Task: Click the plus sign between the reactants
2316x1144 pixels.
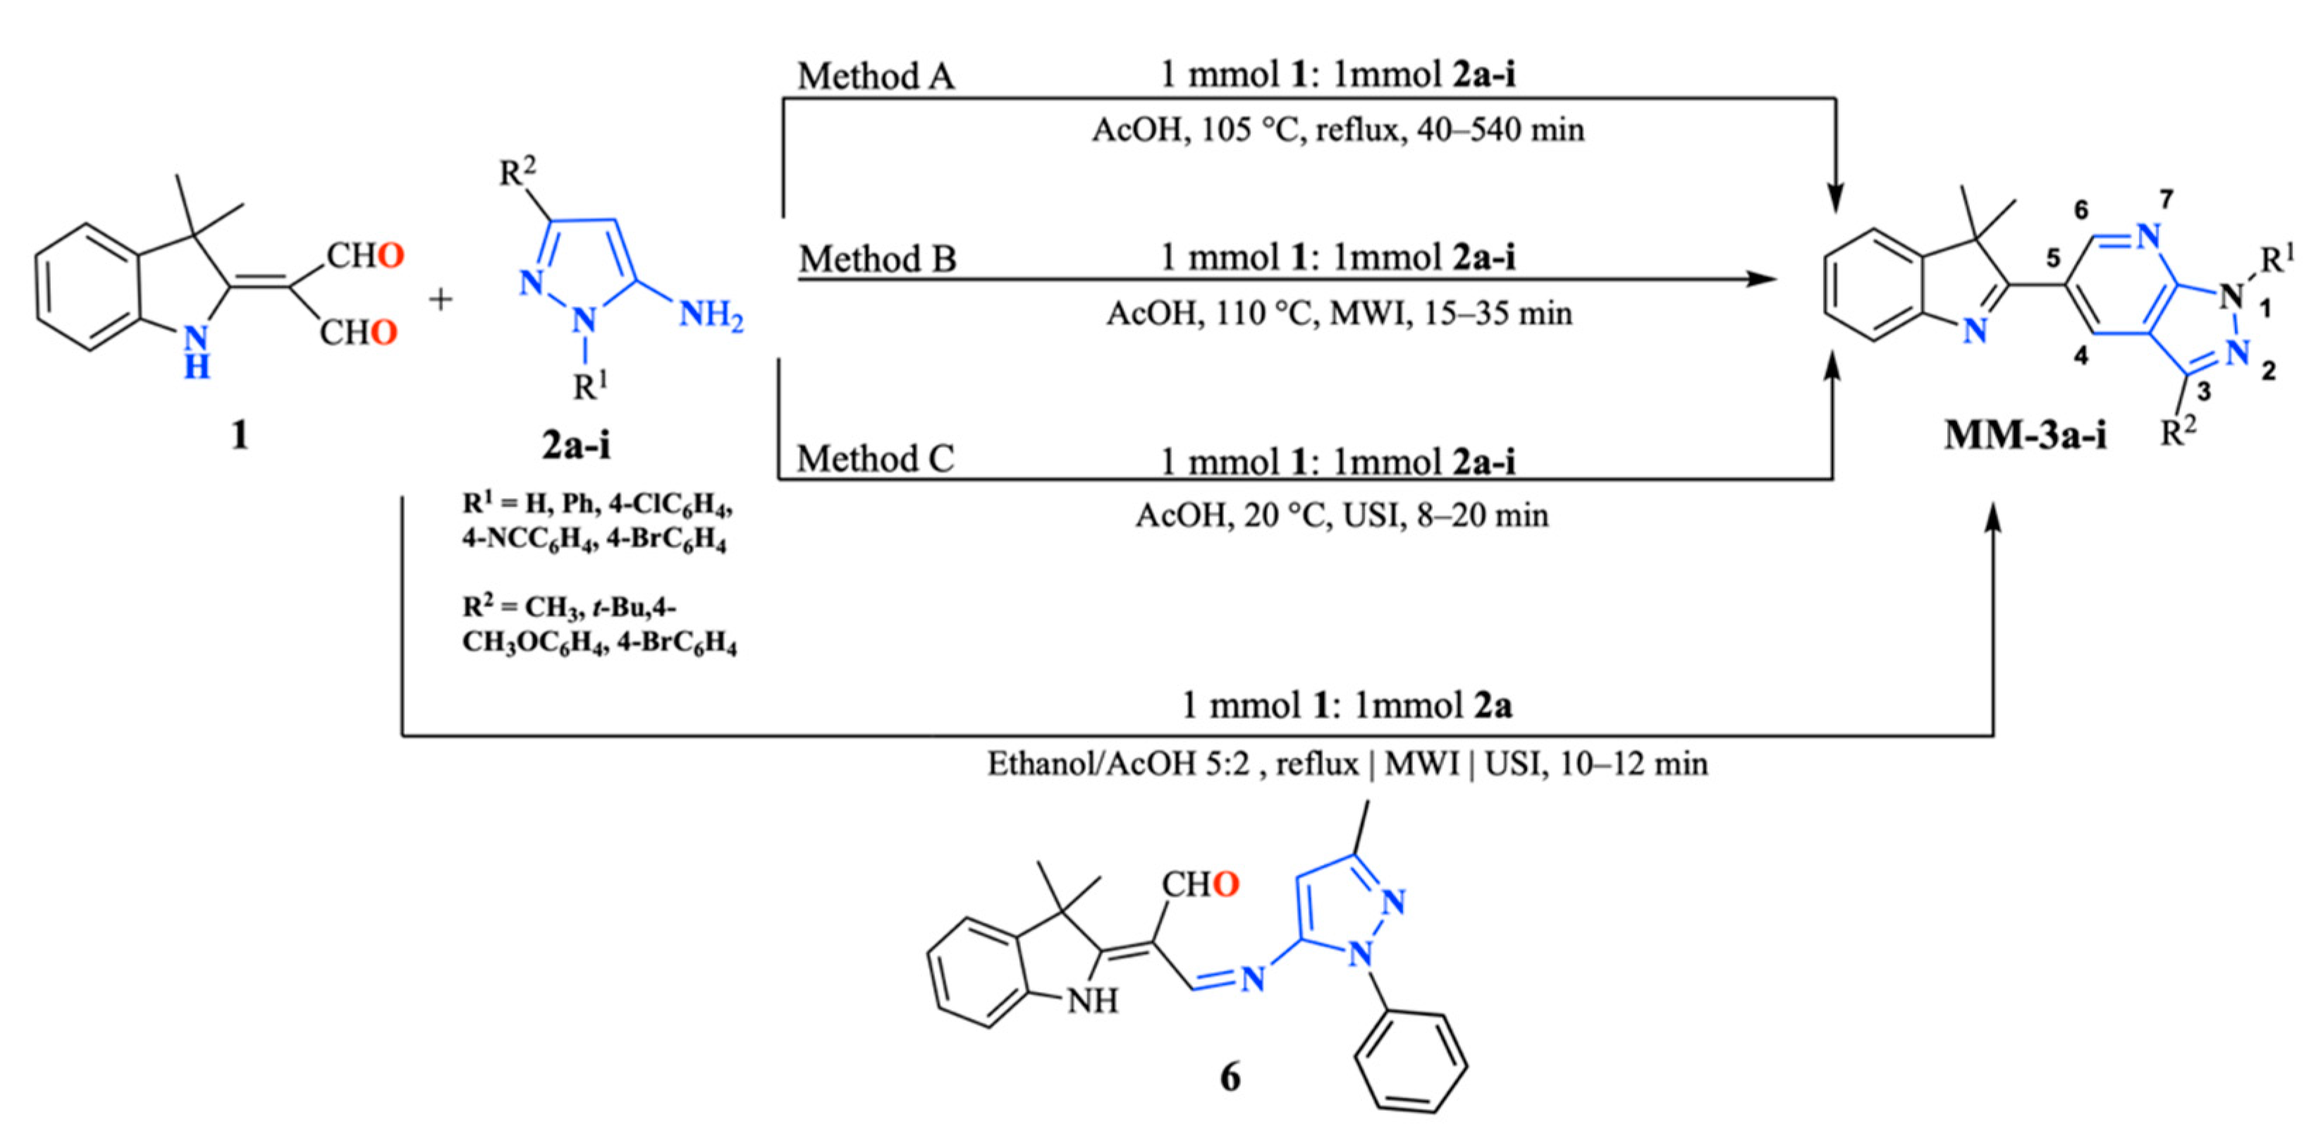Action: click(441, 300)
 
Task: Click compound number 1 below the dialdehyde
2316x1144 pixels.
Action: click(239, 436)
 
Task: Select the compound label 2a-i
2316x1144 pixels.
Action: click(576, 445)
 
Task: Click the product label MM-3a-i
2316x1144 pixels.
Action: click(2025, 436)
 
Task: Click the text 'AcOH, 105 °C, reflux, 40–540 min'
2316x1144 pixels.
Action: click(1338, 130)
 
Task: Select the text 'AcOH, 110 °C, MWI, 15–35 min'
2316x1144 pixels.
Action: click(1339, 314)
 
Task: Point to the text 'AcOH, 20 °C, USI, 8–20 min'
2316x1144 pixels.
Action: click(1342, 516)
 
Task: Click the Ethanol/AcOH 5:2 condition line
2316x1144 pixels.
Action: click(1347, 764)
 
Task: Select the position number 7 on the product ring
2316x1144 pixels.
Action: click(2166, 200)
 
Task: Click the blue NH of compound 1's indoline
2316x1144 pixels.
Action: click(196, 352)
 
